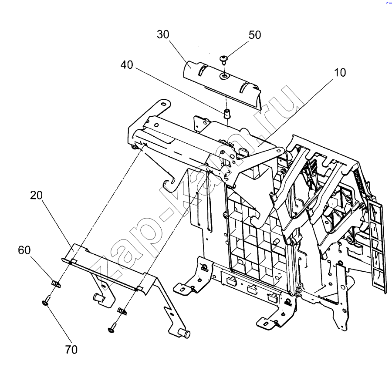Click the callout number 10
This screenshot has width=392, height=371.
click(340, 72)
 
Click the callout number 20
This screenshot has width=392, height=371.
click(36, 195)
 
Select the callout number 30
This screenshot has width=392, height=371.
click(163, 34)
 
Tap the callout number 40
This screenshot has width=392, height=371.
click(127, 65)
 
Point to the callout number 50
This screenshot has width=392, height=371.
click(255, 35)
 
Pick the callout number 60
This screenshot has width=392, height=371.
click(24, 250)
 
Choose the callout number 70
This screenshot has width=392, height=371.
click(71, 350)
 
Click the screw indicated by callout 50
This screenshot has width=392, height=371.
click(223, 59)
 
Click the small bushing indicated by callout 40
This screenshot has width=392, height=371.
click(227, 113)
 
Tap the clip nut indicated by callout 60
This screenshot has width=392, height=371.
click(57, 284)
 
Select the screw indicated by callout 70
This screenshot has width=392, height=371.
click(46, 300)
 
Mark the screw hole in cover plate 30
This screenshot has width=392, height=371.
click(224, 76)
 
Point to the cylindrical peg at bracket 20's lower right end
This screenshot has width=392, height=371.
click(185, 334)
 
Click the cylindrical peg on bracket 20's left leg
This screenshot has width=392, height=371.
click(98, 297)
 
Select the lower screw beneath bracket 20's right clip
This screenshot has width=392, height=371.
click(112, 327)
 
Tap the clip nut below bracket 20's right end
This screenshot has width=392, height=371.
click(122, 311)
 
